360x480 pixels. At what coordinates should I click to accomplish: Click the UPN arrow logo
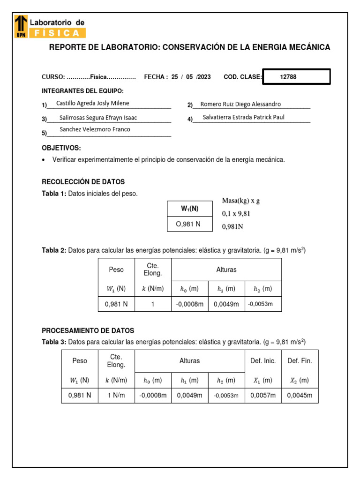coord(21,26)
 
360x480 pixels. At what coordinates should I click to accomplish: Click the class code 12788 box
coord(296,77)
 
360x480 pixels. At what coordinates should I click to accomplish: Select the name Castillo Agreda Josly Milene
coord(92,103)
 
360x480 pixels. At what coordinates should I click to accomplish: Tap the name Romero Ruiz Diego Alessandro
coord(240,104)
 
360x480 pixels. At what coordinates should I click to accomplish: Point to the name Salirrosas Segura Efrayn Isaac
coord(98,118)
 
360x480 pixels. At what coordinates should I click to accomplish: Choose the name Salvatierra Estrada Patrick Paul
coord(243,117)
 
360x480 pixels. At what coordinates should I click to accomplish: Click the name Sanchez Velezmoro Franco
coord(95,129)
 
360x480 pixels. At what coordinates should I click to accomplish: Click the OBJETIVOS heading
coord(61,148)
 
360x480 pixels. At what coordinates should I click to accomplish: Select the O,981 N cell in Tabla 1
coord(188,224)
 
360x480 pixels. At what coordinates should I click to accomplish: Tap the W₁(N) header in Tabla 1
coord(190,209)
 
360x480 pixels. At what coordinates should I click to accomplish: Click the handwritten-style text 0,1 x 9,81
coord(236,214)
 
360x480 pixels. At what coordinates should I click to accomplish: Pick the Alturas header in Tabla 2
coord(226,270)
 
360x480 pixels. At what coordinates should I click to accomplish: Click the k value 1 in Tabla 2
coord(152,304)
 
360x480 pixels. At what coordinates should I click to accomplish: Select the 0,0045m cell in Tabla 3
coord(300,395)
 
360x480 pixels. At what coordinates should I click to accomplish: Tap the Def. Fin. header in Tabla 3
coord(300,360)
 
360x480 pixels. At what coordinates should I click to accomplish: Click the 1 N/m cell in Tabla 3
coord(116,395)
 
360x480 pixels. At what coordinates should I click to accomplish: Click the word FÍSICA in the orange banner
coord(57,33)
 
